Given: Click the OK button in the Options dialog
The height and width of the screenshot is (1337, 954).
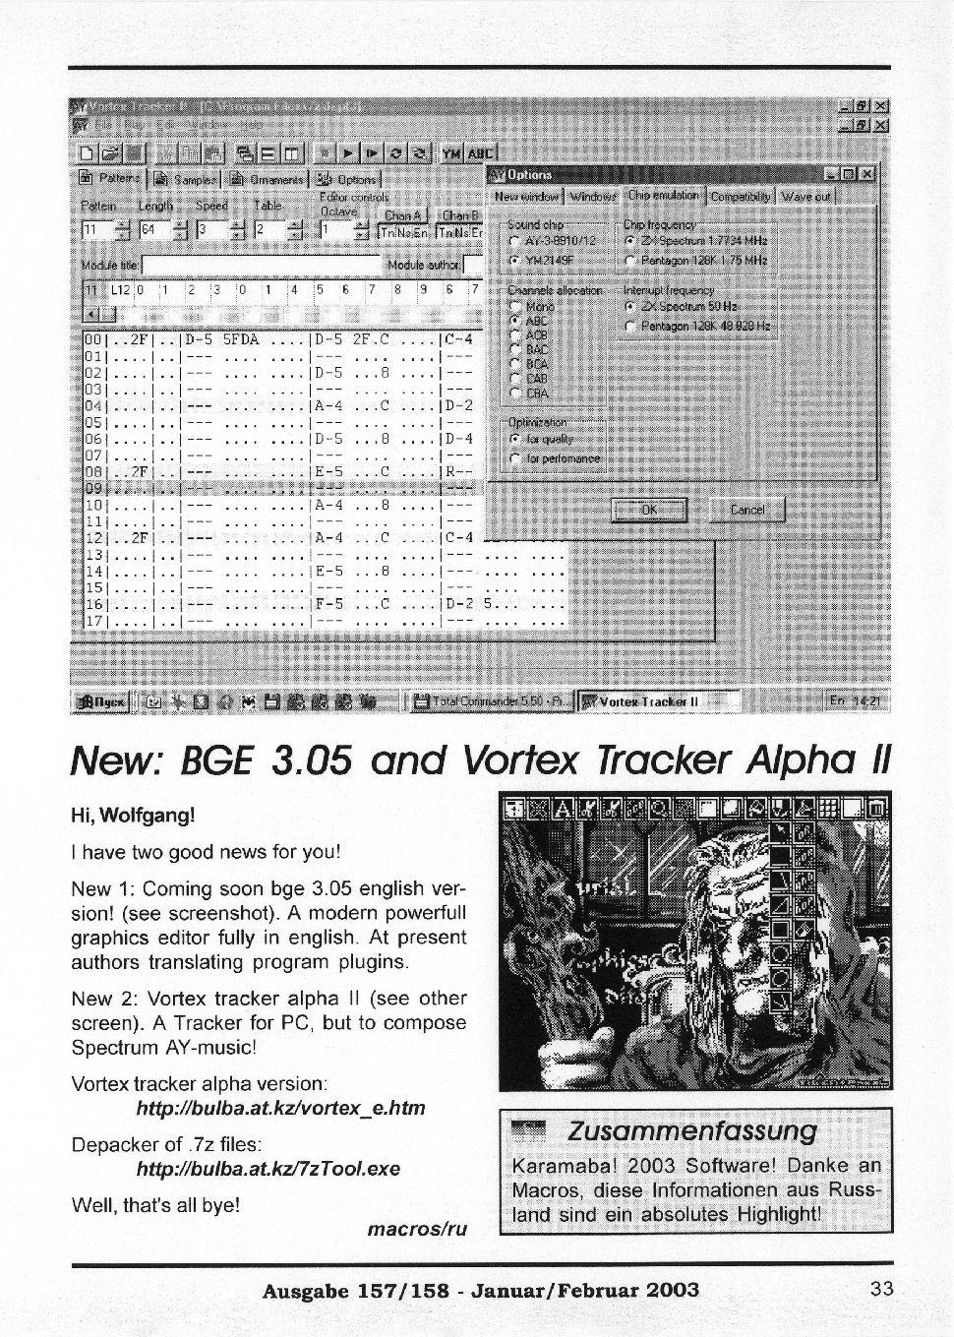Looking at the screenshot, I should pos(649,510).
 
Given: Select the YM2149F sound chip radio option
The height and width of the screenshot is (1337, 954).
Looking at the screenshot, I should pos(514,261).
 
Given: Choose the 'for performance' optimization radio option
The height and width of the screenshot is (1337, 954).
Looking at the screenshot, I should pos(514,458).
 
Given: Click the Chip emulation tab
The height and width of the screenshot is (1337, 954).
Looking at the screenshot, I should pos(664,196).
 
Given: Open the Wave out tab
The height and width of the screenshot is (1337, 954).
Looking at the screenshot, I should pos(805,196).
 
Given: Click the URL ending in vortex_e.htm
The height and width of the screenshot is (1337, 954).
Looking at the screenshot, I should pos(280,1108).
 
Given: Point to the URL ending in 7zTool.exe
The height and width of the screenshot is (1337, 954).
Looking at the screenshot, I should pos(268,1169).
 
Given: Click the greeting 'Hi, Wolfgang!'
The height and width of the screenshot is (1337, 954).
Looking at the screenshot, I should pos(133,816).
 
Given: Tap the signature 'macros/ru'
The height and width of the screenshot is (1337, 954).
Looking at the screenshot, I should pos(416,1229).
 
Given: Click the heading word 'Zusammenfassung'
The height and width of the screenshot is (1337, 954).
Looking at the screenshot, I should pos(692,1130).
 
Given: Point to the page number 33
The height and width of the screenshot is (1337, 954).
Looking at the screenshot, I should pos(881,1288).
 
